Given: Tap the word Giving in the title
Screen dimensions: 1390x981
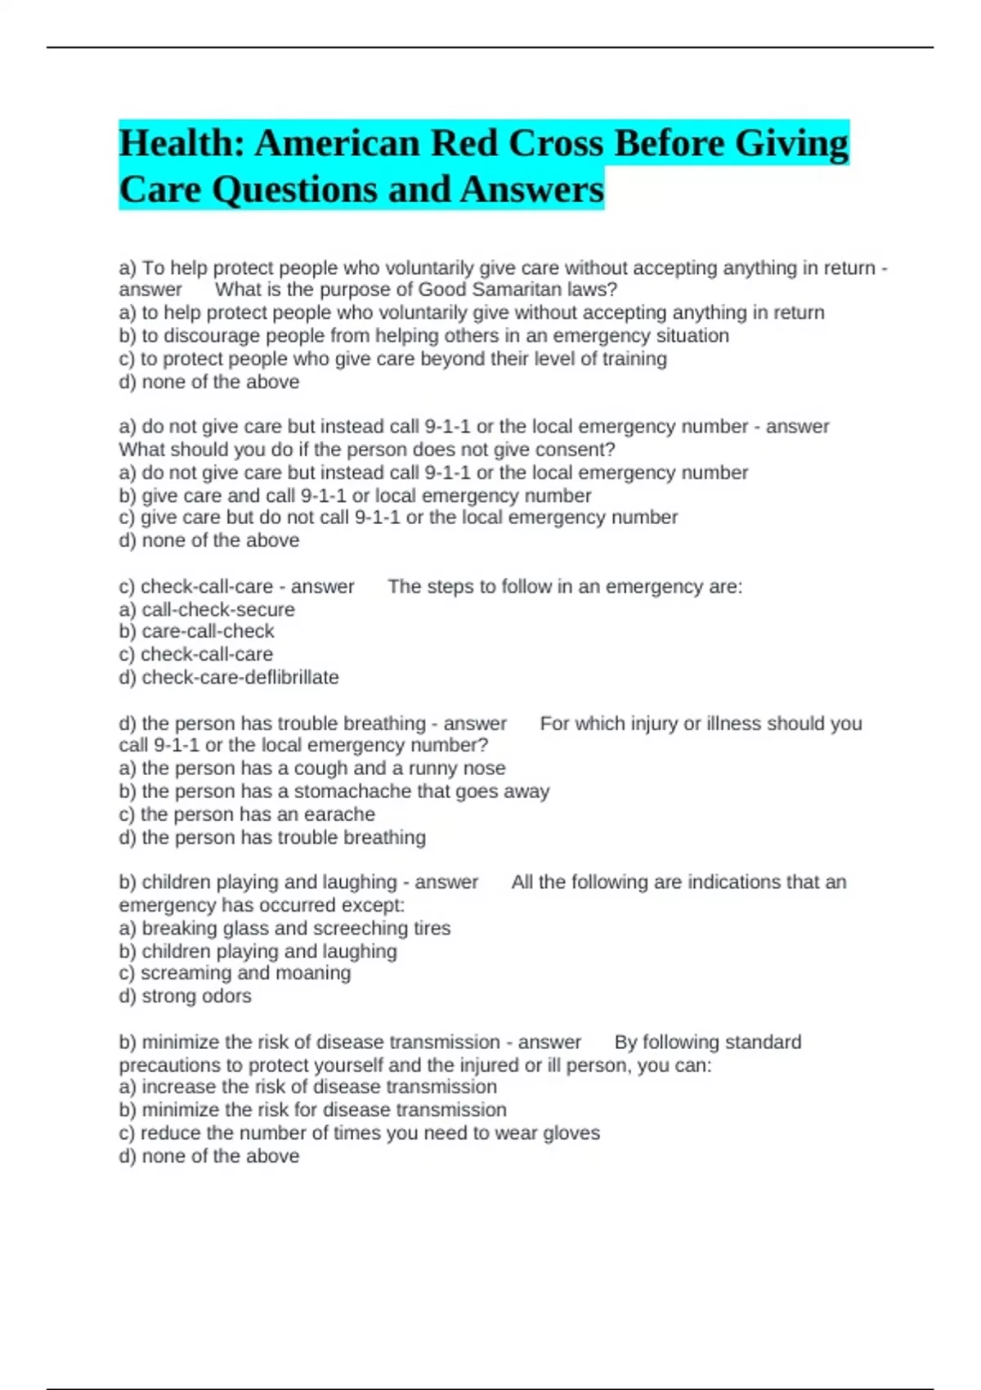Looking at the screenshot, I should [x=791, y=144].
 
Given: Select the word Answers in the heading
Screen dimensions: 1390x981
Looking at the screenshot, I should [x=531, y=190].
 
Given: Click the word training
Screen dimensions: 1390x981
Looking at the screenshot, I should [x=634, y=359].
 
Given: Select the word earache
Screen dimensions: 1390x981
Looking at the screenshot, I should [x=339, y=814].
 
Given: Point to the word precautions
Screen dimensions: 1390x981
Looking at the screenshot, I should [x=170, y=1065].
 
